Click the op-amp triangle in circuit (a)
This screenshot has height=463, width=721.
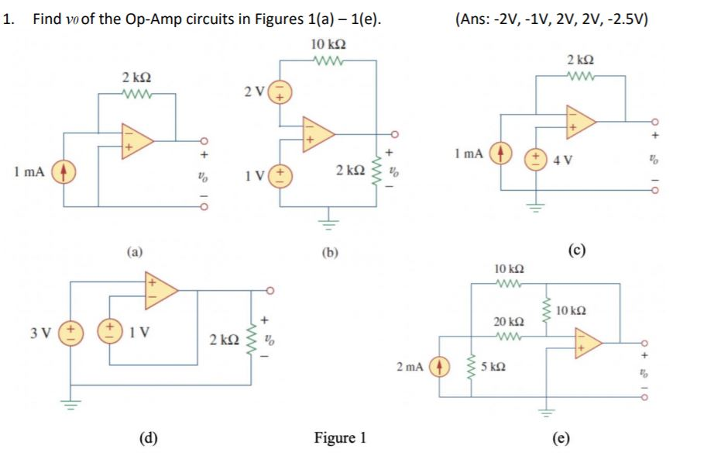pos(136,140)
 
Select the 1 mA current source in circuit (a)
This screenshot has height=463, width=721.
pos(63,169)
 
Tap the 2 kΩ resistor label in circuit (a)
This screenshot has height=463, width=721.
pos(136,78)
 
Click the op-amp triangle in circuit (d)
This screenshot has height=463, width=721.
pos(160,290)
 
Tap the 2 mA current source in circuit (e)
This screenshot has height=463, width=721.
pos(441,365)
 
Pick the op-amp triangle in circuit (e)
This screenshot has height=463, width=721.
pos(586,341)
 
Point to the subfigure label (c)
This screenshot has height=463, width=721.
pos(576,249)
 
